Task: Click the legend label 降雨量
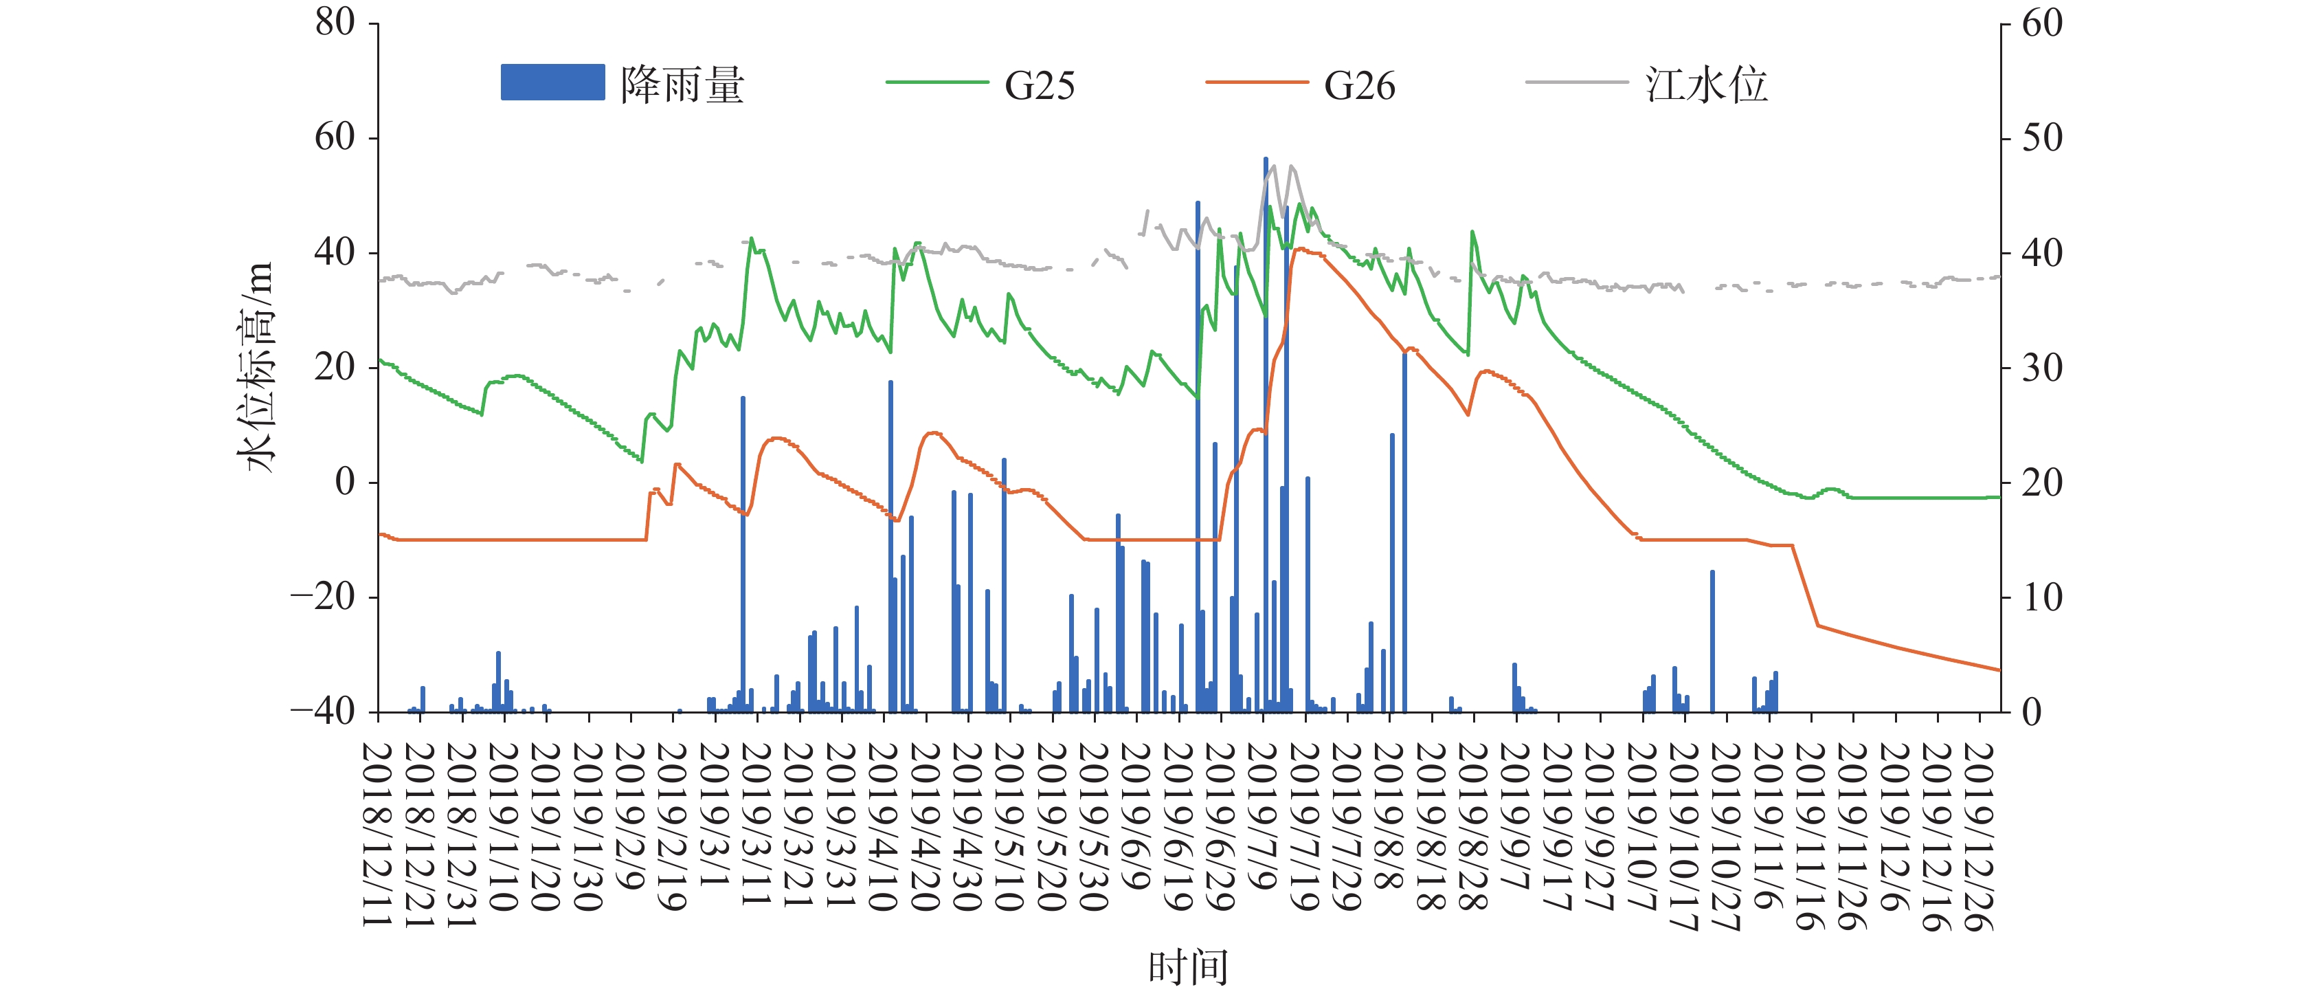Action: pos(683,85)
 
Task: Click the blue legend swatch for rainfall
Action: pos(552,82)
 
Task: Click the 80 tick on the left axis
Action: pos(335,22)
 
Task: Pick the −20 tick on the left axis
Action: pos(322,597)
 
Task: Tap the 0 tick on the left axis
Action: pos(346,483)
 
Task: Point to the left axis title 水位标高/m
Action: pos(256,367)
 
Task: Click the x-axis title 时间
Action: pos(1188,968)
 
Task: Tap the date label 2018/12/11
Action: pos(379,835)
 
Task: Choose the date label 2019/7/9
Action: pos(1262,816)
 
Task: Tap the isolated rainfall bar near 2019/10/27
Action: pos(1712,641)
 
